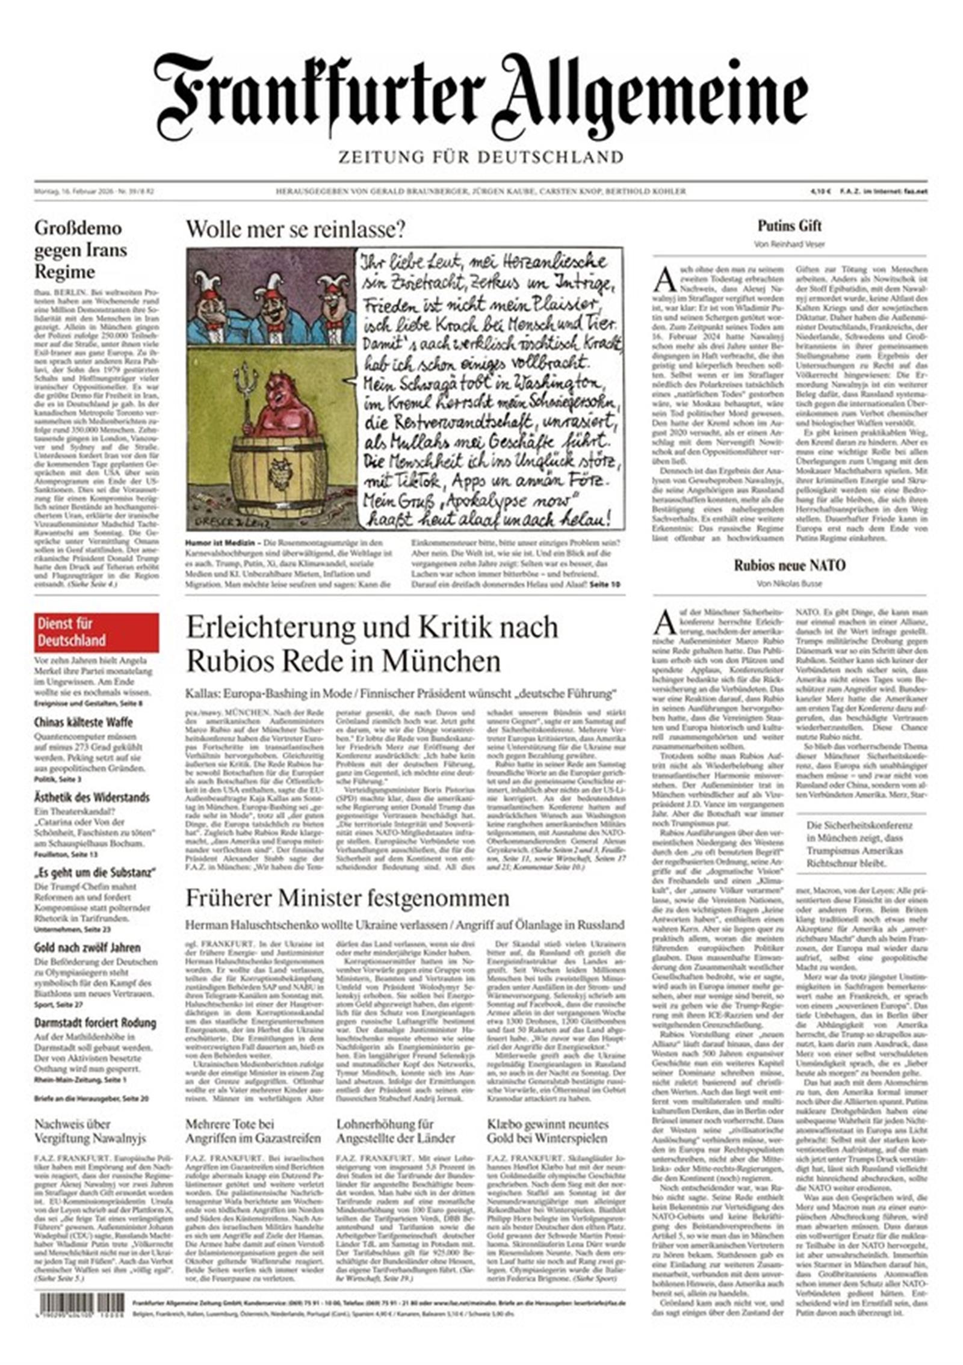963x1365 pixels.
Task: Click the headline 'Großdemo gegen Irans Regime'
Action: tap(81, 249)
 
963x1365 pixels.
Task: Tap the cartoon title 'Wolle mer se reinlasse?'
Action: tap(296, 229)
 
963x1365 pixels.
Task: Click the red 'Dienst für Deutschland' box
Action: tap(96, 632)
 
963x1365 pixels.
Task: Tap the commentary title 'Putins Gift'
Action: tap(789, 226)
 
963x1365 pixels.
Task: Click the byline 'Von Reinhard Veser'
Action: tap(789, 244)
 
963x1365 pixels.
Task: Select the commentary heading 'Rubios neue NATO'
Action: tap(789, 565)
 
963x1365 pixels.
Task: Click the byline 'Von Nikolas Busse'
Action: tap(789, 583)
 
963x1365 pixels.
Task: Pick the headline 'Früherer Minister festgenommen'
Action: tap(347, 899)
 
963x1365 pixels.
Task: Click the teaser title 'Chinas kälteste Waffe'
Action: tap(83, 722)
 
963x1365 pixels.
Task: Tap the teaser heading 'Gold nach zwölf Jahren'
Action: tap(87, 947)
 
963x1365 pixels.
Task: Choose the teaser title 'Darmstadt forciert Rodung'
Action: tap(94, 1023)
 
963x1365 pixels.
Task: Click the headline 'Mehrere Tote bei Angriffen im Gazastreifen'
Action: tap(253, 1131)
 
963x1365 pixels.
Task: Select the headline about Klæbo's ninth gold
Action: tap(547, 1131)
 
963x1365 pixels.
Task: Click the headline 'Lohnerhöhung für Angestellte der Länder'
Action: tap(395, 1131)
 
